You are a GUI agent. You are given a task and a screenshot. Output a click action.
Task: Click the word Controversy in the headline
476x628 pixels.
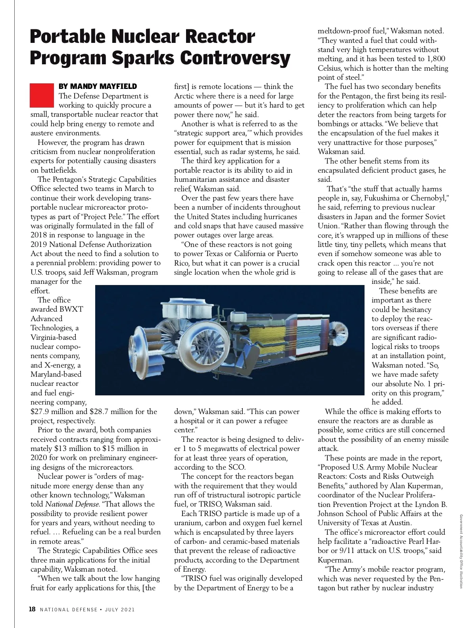coord(235,58)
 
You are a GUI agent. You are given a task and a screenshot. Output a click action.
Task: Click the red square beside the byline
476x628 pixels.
coord(42,95)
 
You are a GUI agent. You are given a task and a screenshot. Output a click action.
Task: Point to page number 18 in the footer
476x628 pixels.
coord(33,609)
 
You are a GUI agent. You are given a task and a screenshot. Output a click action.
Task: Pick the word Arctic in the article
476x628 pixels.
coord(186,96)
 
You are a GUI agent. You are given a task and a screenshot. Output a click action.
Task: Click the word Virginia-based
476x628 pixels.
coord(54,337)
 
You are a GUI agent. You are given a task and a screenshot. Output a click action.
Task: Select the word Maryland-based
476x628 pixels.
coord(56,374)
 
